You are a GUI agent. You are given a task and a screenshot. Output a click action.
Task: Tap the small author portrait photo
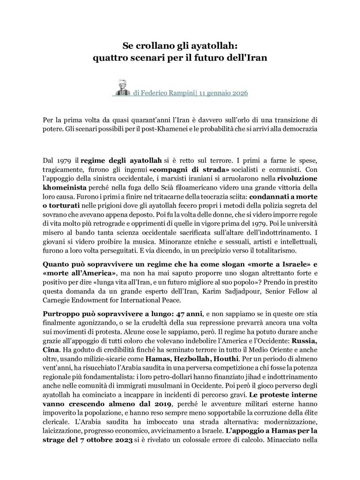point(121,88)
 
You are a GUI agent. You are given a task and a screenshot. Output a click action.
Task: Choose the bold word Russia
point(304,341)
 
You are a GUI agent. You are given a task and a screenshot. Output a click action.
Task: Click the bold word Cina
point(51,350)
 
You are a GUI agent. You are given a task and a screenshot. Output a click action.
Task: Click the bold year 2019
point(163,404)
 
